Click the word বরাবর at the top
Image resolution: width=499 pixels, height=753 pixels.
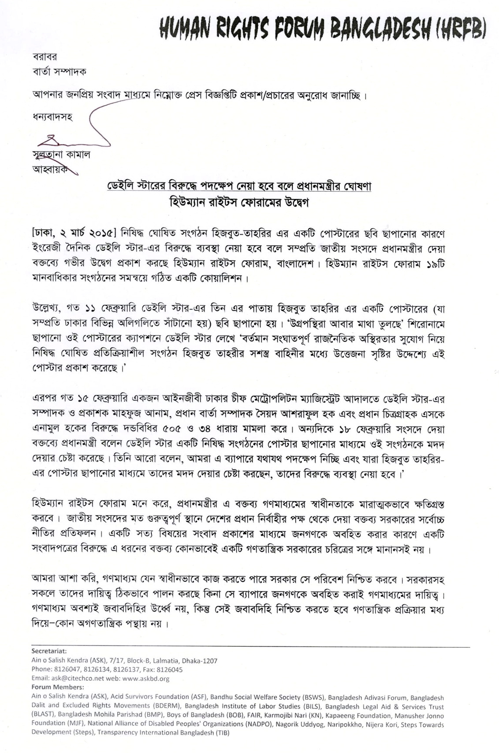tap(45, 56)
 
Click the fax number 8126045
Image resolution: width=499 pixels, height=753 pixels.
tap(170, 669)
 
